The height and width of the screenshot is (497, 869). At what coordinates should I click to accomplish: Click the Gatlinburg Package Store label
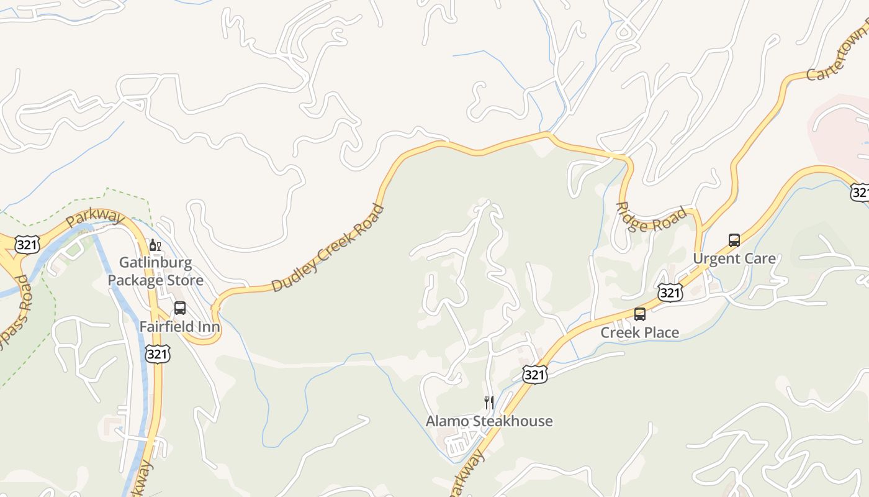coord(155,271)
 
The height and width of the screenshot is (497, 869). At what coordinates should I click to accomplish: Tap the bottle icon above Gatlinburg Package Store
coord(155,245)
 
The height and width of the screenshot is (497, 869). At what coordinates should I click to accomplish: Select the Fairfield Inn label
coord(179,326)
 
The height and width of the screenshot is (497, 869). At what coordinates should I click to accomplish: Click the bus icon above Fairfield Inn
coord(180,308)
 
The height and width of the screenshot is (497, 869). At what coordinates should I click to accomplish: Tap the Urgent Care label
coord(734,258)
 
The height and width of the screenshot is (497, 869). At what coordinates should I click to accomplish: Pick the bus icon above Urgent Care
coord(734,240)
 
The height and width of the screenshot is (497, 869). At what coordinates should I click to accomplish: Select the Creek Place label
coord(640,332)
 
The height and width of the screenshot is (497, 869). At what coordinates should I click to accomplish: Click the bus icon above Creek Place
coord(640,314)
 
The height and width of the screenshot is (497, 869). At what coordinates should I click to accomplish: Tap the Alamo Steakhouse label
coord(489,421)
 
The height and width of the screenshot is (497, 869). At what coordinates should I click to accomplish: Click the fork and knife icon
coord(489,402)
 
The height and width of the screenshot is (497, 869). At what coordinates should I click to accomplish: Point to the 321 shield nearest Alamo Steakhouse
coord(534,374)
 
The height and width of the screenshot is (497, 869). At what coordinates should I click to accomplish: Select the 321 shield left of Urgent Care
coord(670,292)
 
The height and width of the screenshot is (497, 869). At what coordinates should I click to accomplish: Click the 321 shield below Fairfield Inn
coord(157,354)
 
